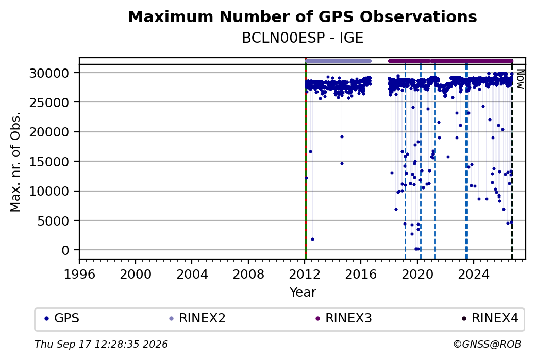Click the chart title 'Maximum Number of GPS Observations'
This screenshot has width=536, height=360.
pyautogui.click(x=303, y=16)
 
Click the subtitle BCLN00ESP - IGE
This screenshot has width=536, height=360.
pyautogui.click(x=303, y=38)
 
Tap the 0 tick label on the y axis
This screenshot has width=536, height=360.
pyautogui.click(x=65, y=251)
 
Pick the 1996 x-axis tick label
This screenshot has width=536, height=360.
pyautogui.click(x=79, y=275)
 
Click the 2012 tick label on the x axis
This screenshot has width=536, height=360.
pyautogui.click(x=305, y=275)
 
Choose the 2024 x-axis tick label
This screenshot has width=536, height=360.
pyautogui.click(x=474, y=275)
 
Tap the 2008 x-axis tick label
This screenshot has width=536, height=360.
pyautogui.click(x=248, y=275)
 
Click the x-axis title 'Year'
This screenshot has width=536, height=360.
pyautogui.click(x=303, y=293)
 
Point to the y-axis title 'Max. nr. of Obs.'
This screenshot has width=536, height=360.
pyautogui.click(x=15, y=162)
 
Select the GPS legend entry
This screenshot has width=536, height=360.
pyautogui.click(x=62, y=318)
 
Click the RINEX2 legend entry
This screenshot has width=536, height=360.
pyautogui.click(x=197, y=318)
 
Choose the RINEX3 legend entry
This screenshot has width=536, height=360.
pyautogui.click(x=344, y=318)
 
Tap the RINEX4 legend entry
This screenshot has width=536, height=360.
pyautogui.click(x=490, y=318)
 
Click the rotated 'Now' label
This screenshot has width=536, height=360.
pyautogui.click(x=520, y=79)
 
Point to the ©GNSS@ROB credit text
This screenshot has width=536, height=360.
pyautogui.click(x=487, y=344)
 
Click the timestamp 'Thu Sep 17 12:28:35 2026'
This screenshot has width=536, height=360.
pyautogui.click(x=101, y=344)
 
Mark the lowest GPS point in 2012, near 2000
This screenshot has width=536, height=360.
pyautogui.click(x=312, y=239)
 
